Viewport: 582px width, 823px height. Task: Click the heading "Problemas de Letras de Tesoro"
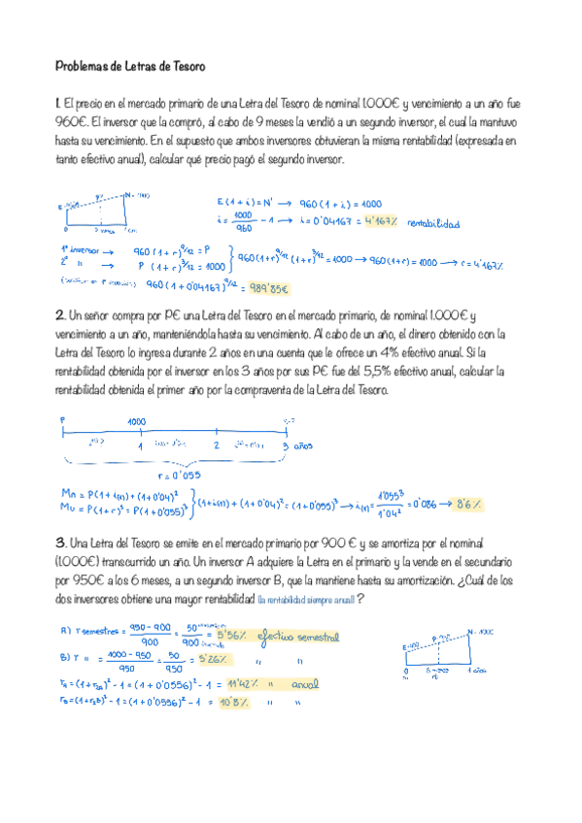[130, 67]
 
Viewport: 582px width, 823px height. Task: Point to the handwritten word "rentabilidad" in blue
[432, 221]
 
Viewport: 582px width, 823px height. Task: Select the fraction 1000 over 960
[243, 221]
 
